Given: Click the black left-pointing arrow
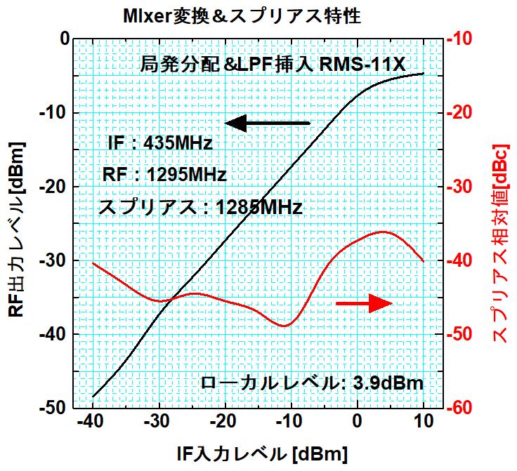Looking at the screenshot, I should click(x=267, y=123).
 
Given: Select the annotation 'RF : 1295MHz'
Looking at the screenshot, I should click(x=164, y=175).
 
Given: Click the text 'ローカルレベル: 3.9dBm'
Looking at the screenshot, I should click(x=312, y=383).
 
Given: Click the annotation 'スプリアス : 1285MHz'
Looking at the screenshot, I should click(x=200, y=208).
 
